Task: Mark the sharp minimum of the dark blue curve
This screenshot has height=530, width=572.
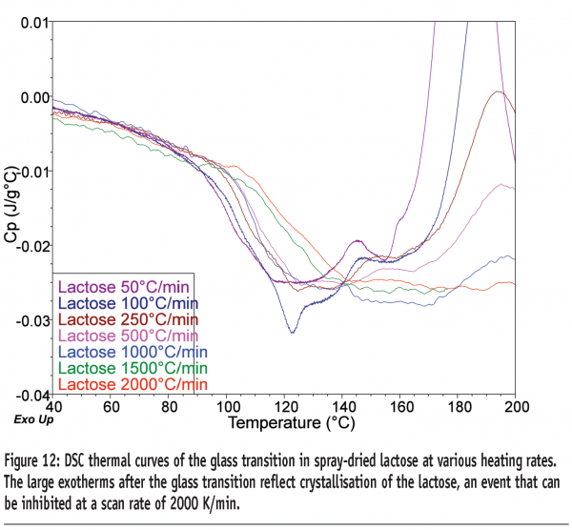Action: (291, 331)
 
